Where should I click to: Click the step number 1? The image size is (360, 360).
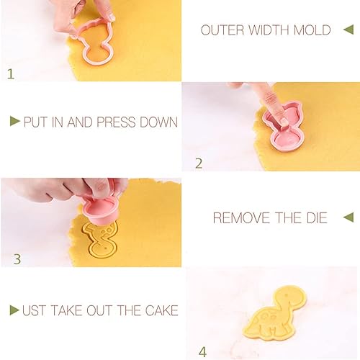point(11,74)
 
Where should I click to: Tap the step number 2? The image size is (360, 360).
point(199,163)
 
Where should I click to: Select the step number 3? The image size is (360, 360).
point(17,259)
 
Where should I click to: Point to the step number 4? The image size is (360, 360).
point(202,353)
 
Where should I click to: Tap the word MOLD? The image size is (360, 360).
point(312,30)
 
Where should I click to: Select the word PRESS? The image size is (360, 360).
point(116,122)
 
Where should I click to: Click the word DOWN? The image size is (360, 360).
point(158,122)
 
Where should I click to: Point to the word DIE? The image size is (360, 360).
point(317,218)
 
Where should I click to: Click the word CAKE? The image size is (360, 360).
point(161,310)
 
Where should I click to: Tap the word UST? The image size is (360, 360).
point(35,310)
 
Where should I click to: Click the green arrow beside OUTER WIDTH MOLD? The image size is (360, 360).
point(348,30)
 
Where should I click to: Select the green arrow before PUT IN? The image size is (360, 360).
point(15,121)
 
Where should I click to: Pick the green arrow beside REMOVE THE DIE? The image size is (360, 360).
point(348,217)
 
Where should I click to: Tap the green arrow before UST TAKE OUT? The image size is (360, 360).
point(14,310)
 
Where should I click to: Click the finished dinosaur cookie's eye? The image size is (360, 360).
point(286,295)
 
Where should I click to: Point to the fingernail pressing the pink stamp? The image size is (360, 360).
point(284,121)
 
